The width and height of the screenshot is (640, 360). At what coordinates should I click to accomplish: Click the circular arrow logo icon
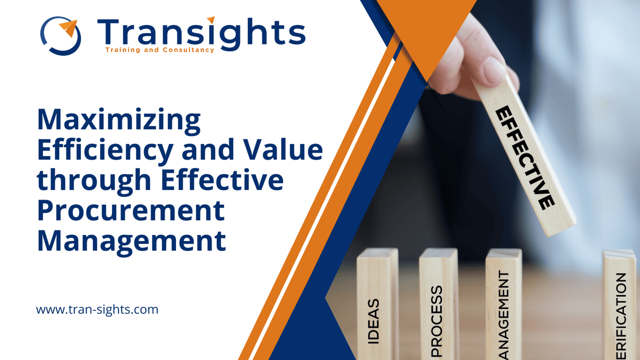(61, 36)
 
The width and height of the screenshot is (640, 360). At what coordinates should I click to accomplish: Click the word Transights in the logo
(201, 33)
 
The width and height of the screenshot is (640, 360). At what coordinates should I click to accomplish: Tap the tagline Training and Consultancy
(160, 50)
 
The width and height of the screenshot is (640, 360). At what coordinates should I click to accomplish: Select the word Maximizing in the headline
(119, 120)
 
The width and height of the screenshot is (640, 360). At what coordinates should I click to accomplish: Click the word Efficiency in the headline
(105, 150)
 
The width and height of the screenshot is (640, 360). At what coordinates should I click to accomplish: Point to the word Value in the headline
(283, 150)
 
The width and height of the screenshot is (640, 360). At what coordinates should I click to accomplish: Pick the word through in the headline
(94, 180)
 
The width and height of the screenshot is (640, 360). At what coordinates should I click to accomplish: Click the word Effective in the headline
(222, 180)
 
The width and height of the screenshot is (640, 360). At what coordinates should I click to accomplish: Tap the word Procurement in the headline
(131, 210)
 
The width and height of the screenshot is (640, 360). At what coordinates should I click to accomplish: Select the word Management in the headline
(132, 241)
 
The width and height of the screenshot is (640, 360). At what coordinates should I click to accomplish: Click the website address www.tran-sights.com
(97, 310)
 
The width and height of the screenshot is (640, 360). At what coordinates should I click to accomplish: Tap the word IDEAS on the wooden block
(373, 321)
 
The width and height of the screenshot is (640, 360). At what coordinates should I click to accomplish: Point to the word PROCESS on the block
(437, 320)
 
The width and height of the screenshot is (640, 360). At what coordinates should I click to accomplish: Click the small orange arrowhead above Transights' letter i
(211, 19)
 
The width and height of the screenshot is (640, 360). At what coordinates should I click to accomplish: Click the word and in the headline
(208, 150)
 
